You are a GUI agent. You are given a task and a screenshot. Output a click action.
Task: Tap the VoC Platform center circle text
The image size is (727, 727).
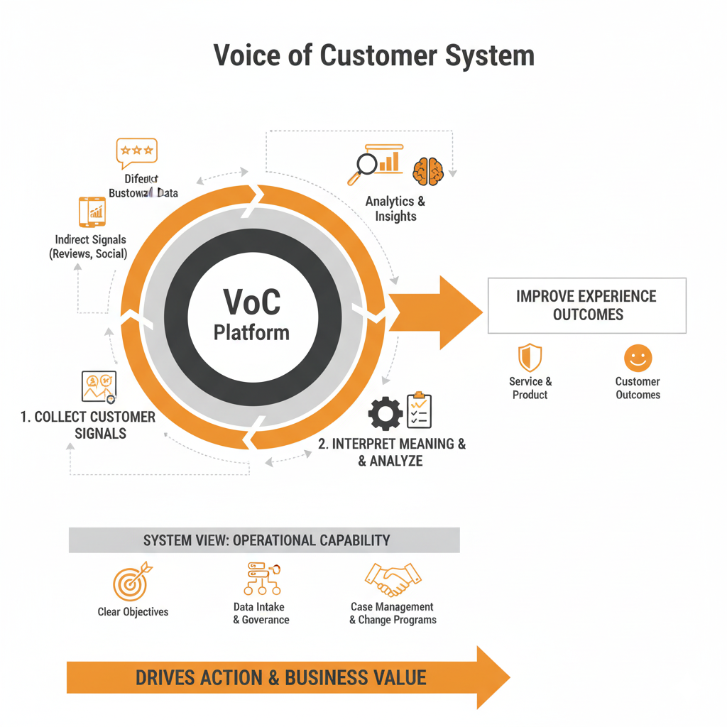(x=251, y=312)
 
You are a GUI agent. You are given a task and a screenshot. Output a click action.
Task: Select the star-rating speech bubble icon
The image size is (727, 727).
(x=136, y=152)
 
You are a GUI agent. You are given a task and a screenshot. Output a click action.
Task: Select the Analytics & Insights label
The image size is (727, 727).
(x=395, y=209)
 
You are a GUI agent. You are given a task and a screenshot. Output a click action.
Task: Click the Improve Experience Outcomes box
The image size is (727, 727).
(x=586, y=305)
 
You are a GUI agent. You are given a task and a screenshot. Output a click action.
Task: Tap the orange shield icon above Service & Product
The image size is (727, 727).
(x=530, y=358)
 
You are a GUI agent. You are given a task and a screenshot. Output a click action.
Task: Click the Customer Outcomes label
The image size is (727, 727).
(x=638, y=388)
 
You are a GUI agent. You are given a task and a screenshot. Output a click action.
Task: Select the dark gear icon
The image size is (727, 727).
(x=386, y=413)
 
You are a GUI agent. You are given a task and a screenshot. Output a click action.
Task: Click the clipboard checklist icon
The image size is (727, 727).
(x=419, y=410)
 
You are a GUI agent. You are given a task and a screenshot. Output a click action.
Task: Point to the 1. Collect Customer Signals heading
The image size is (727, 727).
(x=88, y=425)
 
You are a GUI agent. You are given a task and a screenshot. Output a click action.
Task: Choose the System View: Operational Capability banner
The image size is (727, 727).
(x=265, y=540)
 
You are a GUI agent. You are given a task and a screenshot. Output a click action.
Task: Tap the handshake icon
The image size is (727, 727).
(x=393, y=580)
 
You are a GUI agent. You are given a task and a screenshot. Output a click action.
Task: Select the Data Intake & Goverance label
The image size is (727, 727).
(x=261, y=613)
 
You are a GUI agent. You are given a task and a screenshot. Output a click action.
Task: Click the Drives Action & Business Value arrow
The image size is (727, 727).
(x=284, y=677)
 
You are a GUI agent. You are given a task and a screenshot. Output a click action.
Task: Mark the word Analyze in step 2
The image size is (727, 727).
(x=396, y=461)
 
